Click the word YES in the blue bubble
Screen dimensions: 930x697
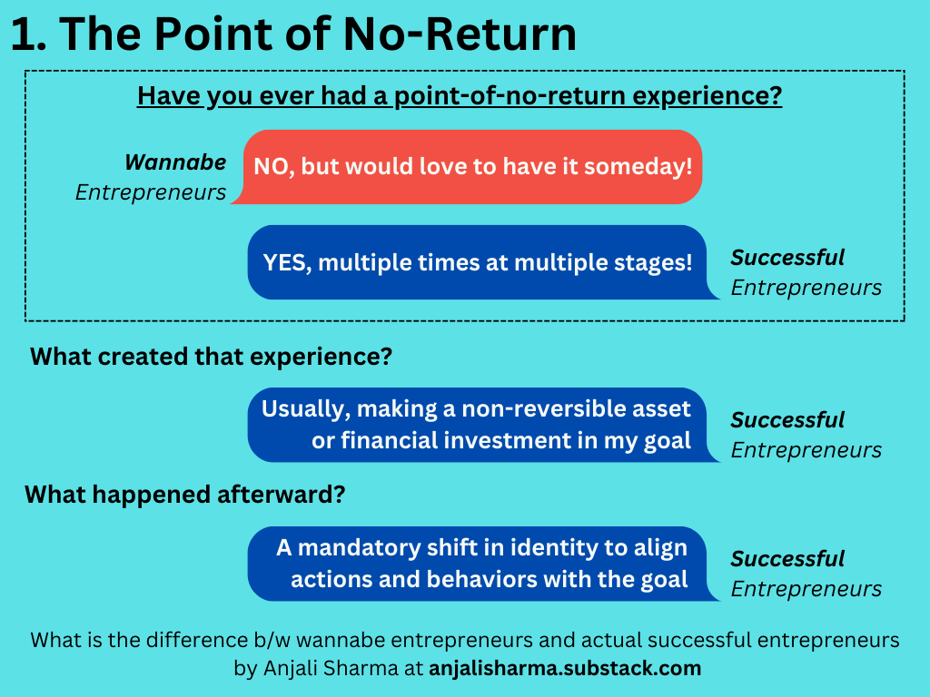(286, 262)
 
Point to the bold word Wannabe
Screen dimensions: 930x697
(175, 162)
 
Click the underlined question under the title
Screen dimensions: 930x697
(460, 95)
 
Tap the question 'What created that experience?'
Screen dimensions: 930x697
(211, 356)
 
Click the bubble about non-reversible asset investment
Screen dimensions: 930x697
(477, 424)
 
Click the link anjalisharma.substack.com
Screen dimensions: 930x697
(565, 669)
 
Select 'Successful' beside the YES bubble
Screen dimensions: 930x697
(787, 258)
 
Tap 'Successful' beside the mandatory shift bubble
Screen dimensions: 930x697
(787, 559)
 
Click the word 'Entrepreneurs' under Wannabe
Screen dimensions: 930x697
(151, 192)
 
